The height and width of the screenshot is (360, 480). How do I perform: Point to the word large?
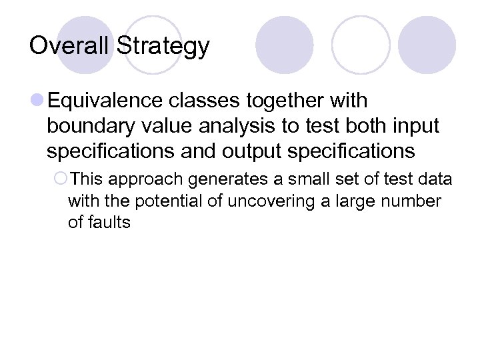pyautogui.click(x=350, y=201)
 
